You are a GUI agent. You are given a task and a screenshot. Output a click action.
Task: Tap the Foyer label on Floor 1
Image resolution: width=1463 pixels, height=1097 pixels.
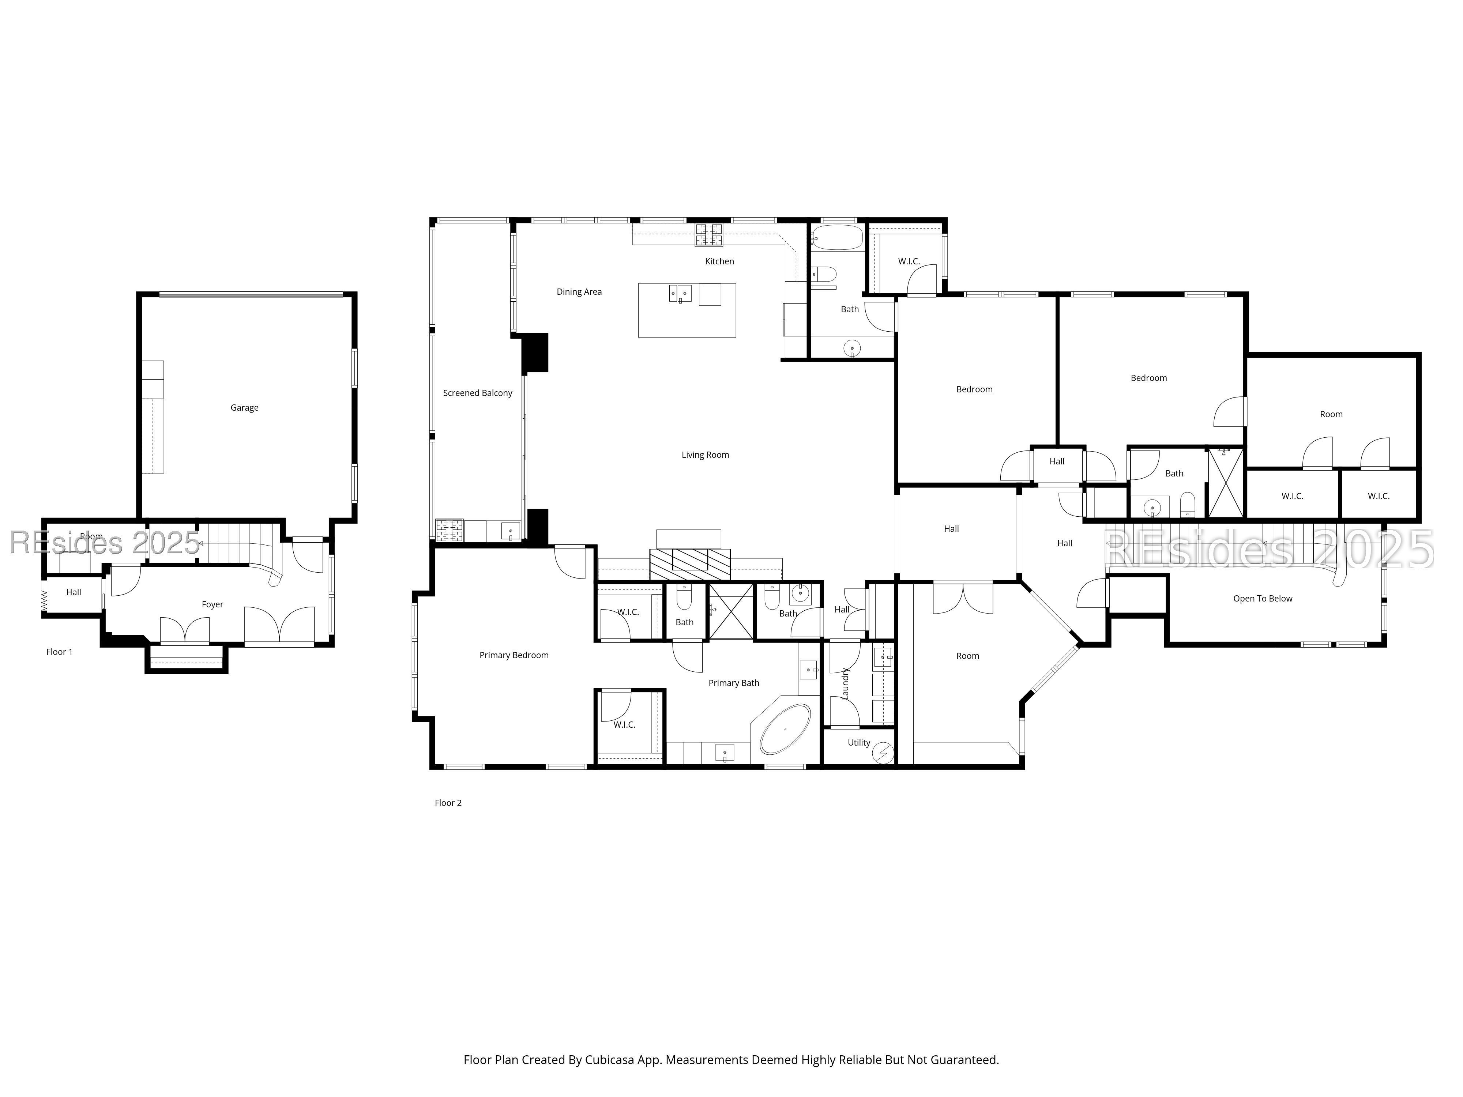(212, 604)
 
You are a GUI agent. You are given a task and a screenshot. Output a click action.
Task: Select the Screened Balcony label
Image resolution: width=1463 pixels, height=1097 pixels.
(478, 393)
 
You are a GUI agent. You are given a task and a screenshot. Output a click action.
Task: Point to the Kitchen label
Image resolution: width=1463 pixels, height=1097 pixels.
(719, 261)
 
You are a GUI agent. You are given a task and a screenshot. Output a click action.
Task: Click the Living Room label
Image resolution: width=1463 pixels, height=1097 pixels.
(705, 455)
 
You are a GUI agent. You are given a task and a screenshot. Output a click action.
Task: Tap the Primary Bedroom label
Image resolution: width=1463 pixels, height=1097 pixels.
(514, 655)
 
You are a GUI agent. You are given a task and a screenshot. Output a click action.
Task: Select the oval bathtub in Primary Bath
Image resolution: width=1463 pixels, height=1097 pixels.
(785, 730)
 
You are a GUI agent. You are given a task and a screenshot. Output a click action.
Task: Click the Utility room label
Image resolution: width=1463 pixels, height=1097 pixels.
(859, 743)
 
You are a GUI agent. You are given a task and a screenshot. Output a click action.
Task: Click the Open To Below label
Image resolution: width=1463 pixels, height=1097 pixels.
(1263, 599)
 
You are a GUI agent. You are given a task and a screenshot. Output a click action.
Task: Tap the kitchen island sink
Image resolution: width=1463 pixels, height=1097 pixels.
(680, 293)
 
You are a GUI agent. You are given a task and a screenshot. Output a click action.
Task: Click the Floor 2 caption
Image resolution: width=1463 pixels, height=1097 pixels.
(448, 803)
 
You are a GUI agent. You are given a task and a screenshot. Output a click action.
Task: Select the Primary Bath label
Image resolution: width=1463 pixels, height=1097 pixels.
(733, 683)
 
